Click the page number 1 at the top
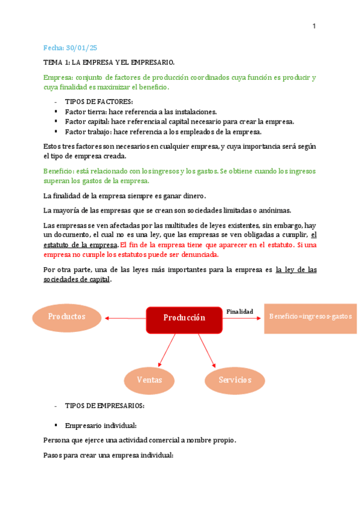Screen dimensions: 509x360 pos(314,26)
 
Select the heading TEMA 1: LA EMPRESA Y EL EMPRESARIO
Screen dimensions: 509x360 pos(109,62)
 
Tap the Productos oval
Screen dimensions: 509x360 pos(67,316)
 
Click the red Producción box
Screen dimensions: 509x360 pos(185,318)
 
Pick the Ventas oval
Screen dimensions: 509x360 pos(149,380)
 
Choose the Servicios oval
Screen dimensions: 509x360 pos(235,380)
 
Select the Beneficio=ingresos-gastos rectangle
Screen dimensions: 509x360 pos(310,316)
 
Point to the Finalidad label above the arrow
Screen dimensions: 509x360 pos(239,311)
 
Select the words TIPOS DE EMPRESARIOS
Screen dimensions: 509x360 pos(104,405)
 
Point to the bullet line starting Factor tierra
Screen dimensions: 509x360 pos(140,112)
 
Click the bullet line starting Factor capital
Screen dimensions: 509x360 pos(179,121)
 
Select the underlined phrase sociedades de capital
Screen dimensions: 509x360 pos(77,280)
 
